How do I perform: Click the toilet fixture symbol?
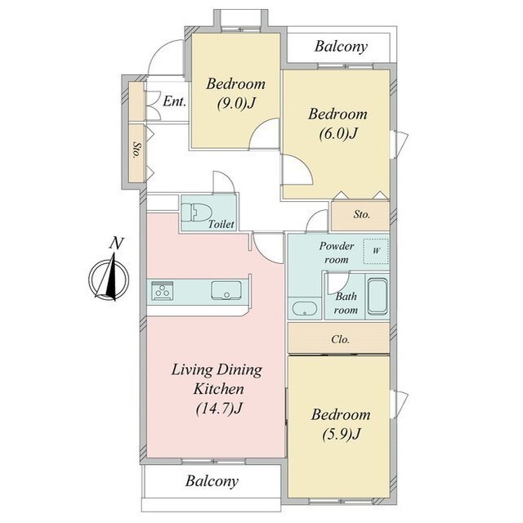pyautogui.click(x=197, y=212)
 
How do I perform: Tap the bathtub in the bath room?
pyautogui.click(x=378, y=296)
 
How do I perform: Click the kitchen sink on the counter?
pyautogui.click(x=226, y=290)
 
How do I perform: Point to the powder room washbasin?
pyautogui.click(x=305, y=309)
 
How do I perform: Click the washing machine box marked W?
pyautogui.click(x=376, y=252)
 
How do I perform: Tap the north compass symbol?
pyautogui.click(x=109, y=278)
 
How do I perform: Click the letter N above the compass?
pyautogui.click(x=116, y=244)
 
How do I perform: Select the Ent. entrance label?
pyautogui.click(x=174, y=101)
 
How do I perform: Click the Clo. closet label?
pyautogui.click(x=341, y=340)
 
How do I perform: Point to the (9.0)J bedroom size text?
pyautogui.click(x=236, y=104)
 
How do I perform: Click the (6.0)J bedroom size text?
pyautogui.click(x=338, y=134)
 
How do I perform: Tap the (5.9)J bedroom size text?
pyautogui.click(x=342, y=434)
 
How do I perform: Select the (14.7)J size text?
pyautogui.click(x=218, y=409)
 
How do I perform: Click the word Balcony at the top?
pyautogui.click(x=341, y=47)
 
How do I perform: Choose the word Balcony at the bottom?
pyautogui.click(x=212, y=481)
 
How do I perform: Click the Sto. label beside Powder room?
pyautogui.click(x=362, y=214)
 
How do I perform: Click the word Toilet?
pyautogui.click(x=221, y=224)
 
